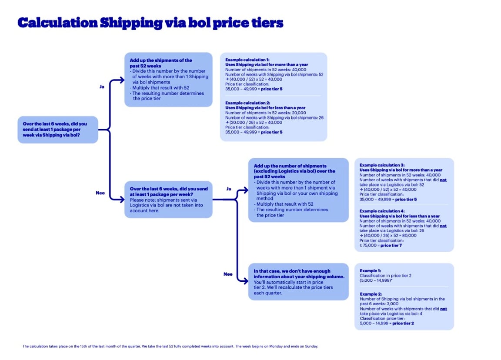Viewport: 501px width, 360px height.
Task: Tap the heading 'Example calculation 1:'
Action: (247, 59)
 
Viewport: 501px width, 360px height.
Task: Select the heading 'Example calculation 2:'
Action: (247, 103)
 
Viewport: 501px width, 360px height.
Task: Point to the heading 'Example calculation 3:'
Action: (382, 165)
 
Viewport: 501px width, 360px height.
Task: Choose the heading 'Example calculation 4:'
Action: (382, 211)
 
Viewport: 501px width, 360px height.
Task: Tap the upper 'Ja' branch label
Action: (102, 87)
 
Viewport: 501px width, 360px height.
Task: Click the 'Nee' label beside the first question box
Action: (100, 193)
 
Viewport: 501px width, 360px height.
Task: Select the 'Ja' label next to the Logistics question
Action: (229, 189)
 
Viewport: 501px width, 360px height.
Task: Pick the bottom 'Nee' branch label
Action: (228, 274)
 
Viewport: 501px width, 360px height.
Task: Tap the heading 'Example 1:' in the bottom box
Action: (370, 271)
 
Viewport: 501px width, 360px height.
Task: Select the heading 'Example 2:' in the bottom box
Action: (371, 294)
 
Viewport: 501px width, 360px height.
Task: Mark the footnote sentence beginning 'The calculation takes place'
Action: (170, 347)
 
